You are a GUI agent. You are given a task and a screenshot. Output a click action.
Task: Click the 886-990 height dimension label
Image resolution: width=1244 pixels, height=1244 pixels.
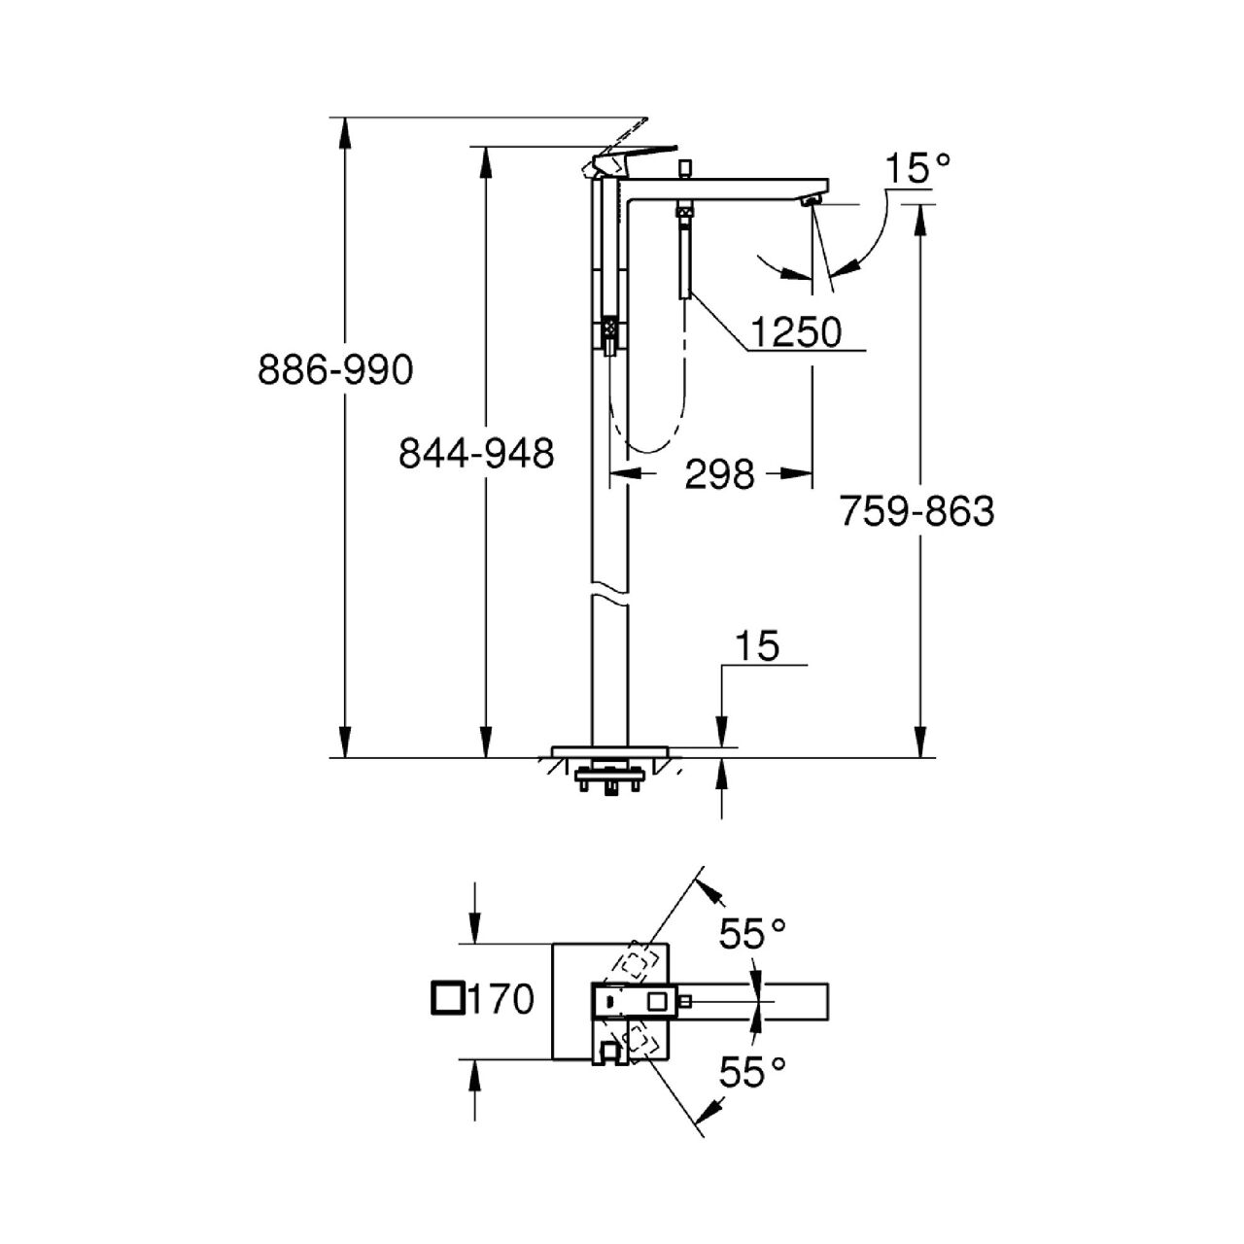335,370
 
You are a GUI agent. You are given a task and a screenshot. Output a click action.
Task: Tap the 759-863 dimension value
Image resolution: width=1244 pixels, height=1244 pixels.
916,512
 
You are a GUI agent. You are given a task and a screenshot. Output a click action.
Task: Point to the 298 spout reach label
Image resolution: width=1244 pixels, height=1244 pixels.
719,474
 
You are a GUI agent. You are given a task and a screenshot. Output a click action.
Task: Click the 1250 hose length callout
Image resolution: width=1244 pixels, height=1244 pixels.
796,332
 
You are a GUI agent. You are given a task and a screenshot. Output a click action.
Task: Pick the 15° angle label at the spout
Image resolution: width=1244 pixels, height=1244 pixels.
917,168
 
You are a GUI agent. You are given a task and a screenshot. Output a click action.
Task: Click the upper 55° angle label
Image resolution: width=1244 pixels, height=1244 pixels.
753,933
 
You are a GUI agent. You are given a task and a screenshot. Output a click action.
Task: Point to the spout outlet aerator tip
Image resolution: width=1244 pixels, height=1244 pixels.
812,202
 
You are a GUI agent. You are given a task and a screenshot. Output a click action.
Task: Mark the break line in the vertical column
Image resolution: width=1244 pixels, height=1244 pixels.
609,598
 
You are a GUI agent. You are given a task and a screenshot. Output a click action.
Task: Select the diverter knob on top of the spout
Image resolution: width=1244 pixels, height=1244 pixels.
683,168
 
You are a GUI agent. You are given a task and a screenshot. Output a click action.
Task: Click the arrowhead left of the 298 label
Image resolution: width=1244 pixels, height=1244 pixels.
625,473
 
